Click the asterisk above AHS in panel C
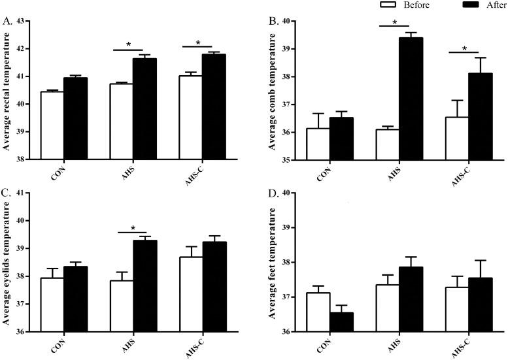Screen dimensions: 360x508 pos(134,228)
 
